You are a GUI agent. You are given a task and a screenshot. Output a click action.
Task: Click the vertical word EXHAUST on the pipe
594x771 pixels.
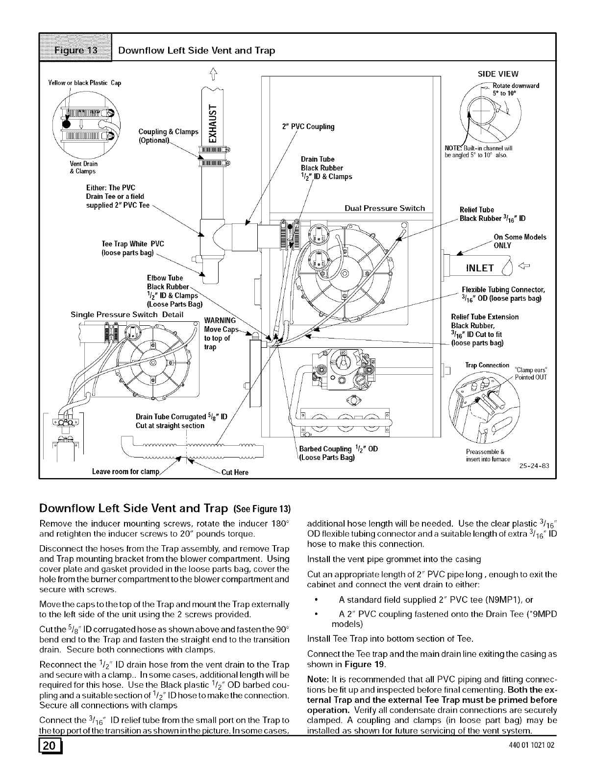click(x=212, y=120)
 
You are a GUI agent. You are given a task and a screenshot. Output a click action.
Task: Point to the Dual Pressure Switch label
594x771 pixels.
click(x=385, y=208)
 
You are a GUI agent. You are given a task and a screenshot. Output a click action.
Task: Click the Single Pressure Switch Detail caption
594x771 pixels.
click(x=127, y=314)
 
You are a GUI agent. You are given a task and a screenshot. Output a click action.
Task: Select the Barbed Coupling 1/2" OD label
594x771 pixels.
click(x=338, y=449)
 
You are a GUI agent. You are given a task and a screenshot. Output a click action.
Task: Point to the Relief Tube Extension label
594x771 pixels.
click(x=484, y=317)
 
